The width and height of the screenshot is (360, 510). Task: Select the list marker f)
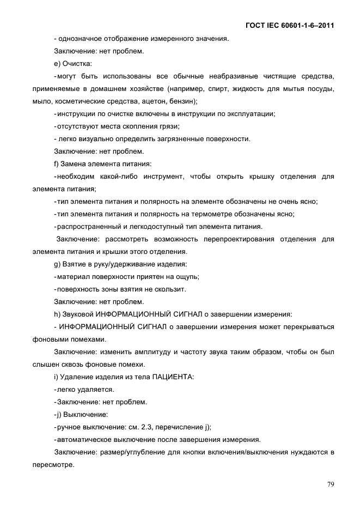point(56,163)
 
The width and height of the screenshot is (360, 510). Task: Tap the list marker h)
point(57,314)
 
